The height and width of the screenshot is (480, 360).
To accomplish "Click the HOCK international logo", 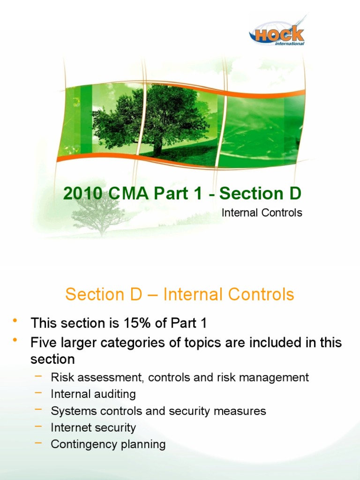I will pyautogui.click(x=277, y=34).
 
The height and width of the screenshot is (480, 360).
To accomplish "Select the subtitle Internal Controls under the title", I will pyautogui.click(x=262, y=213).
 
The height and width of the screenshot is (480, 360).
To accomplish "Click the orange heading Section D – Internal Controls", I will pyautogui.click(x=180, y=294).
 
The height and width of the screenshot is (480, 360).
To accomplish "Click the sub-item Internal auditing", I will pyautogui.click(x=93, y=394).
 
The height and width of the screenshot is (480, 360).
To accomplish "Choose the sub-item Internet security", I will pyautogui.click(x=93, y=427).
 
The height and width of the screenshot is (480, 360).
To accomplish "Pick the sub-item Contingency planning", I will pyautogui.click(x=108, y=444).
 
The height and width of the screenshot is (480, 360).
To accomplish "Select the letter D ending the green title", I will pyautogui.click(x=294, y=194).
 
